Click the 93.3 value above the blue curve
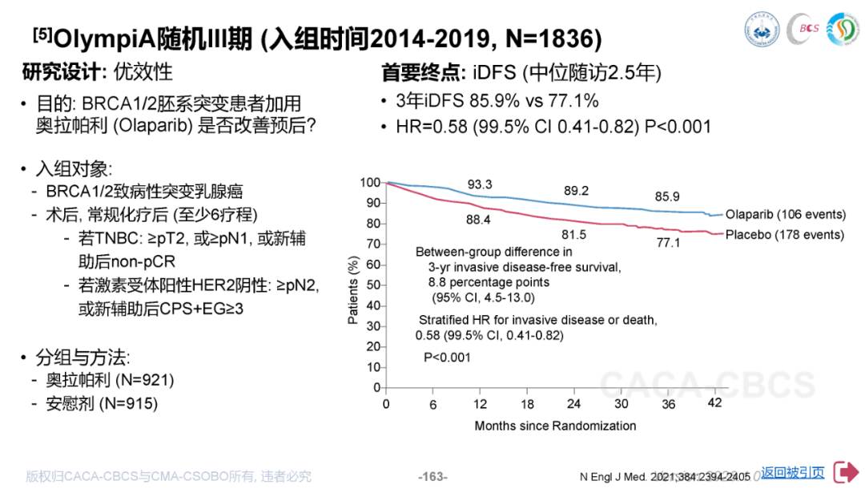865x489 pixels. coord(480,185)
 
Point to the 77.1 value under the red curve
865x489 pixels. coord(667,242)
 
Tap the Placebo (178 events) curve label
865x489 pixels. coord(784,235)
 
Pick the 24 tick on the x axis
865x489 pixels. coord(573,404)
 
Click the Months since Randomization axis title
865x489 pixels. coord(555,426)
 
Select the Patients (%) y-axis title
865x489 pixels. coord(353,290)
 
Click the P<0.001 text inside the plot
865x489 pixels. coord(447,358)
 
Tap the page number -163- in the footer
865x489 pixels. coord(432,477)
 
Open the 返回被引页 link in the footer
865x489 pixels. coord(792,473)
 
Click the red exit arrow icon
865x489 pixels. coord(845,472)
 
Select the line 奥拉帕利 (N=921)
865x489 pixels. coord(110,379)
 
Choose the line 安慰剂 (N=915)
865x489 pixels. coord(102,403)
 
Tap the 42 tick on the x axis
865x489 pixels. coord(715,404)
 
